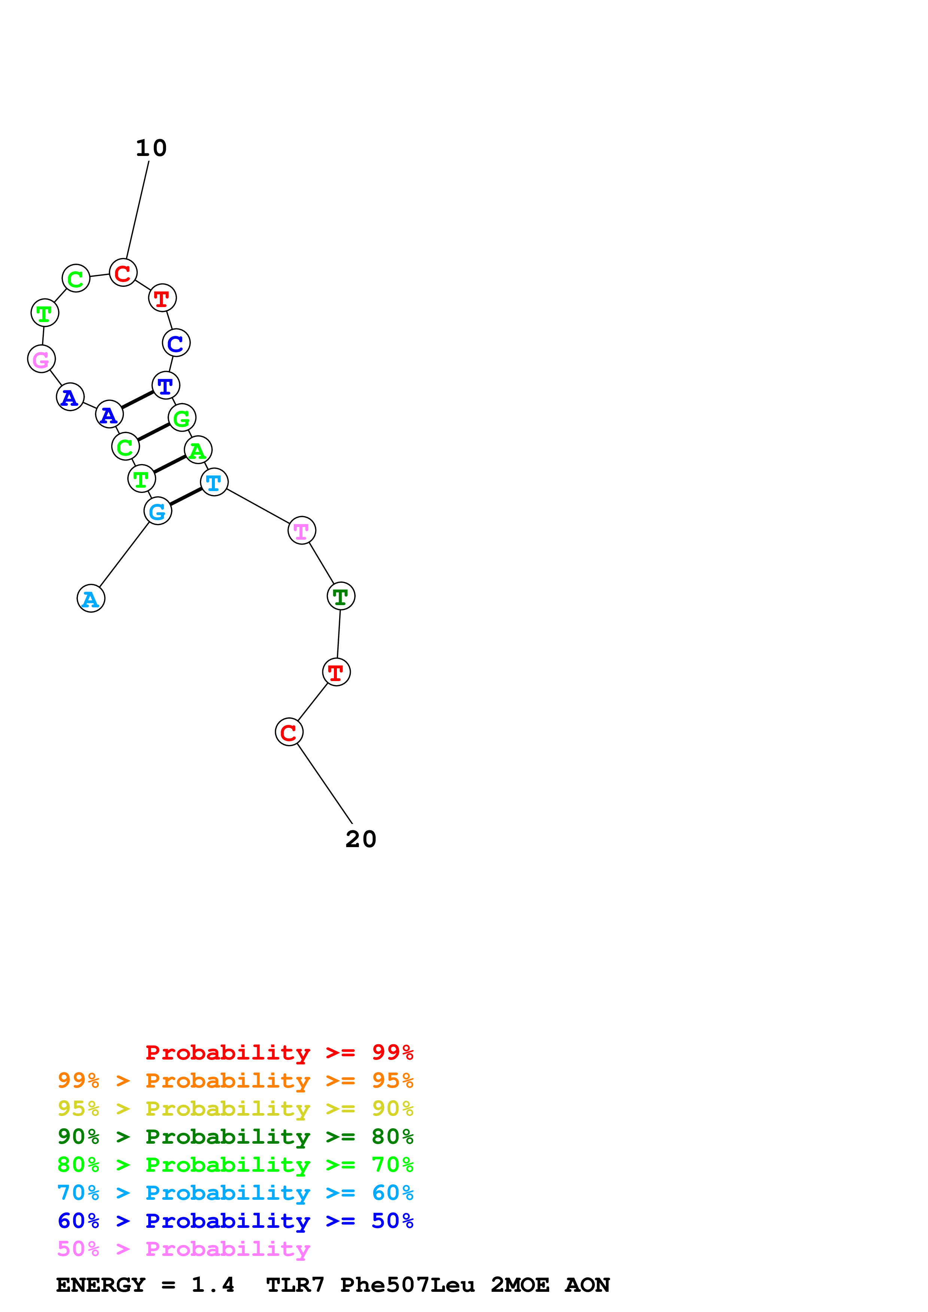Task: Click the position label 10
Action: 151,148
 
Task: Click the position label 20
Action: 361,839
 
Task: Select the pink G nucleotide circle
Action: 41,359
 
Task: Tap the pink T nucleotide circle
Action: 301,530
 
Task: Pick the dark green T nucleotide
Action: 341,596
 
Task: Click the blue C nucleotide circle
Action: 176,343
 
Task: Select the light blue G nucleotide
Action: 158,511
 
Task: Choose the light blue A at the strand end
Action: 91,598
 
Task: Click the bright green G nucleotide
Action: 182,418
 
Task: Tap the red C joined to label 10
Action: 123,273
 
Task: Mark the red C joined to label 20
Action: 289,732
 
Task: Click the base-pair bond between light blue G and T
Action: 186,497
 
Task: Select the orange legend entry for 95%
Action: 235,1080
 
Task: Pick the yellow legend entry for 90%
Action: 235,1109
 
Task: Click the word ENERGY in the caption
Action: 101,1285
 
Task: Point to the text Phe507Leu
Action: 407,1285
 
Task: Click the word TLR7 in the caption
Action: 295,1285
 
